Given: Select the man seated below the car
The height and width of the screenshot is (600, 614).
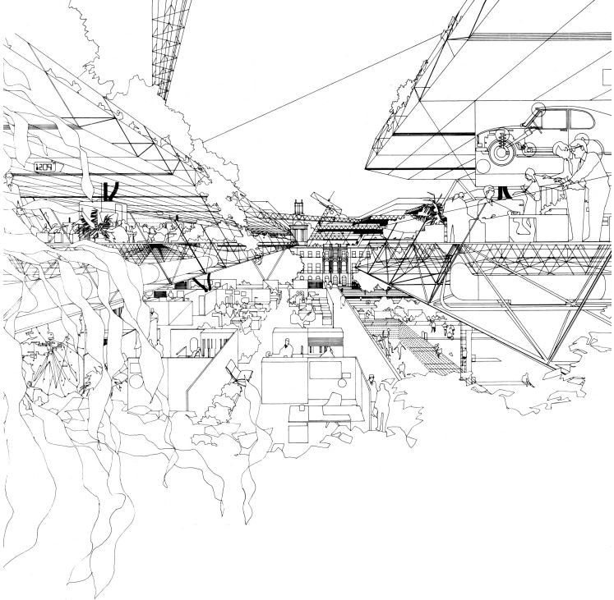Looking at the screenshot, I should [487, 202].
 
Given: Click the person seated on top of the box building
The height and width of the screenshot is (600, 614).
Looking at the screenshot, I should [287, 346].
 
